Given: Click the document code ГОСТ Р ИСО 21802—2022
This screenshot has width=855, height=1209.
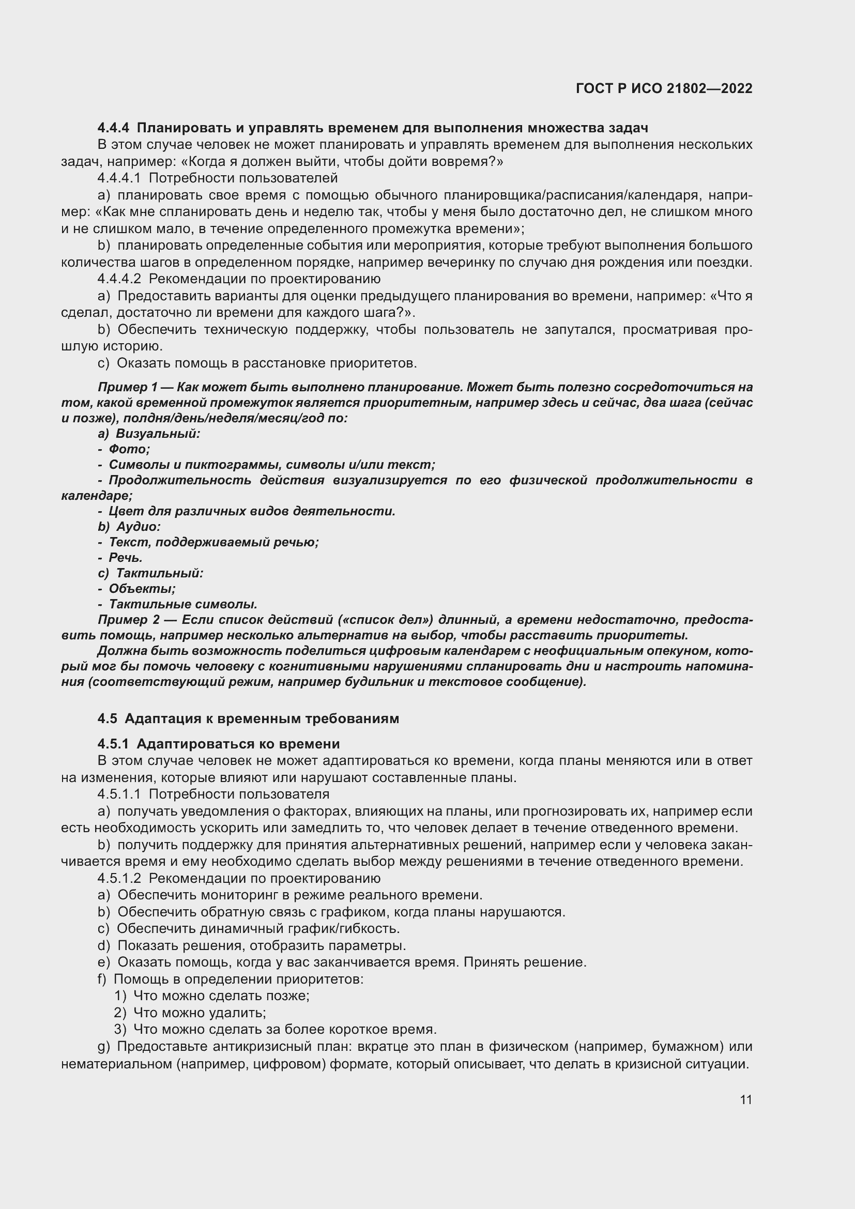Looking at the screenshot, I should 664,88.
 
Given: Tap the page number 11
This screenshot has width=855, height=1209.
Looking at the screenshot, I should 745,1099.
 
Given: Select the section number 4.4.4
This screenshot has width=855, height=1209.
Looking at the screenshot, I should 113,128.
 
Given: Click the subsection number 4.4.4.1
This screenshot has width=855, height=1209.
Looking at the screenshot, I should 119,178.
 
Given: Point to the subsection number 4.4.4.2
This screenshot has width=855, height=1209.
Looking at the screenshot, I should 119,279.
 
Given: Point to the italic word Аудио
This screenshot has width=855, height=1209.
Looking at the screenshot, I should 138,526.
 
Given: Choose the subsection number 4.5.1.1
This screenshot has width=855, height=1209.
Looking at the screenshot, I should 119,794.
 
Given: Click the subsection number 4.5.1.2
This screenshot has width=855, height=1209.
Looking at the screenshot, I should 119,878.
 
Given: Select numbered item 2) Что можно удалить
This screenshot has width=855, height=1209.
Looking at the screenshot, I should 199,1013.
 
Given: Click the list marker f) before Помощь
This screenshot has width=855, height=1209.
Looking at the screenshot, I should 102,979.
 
